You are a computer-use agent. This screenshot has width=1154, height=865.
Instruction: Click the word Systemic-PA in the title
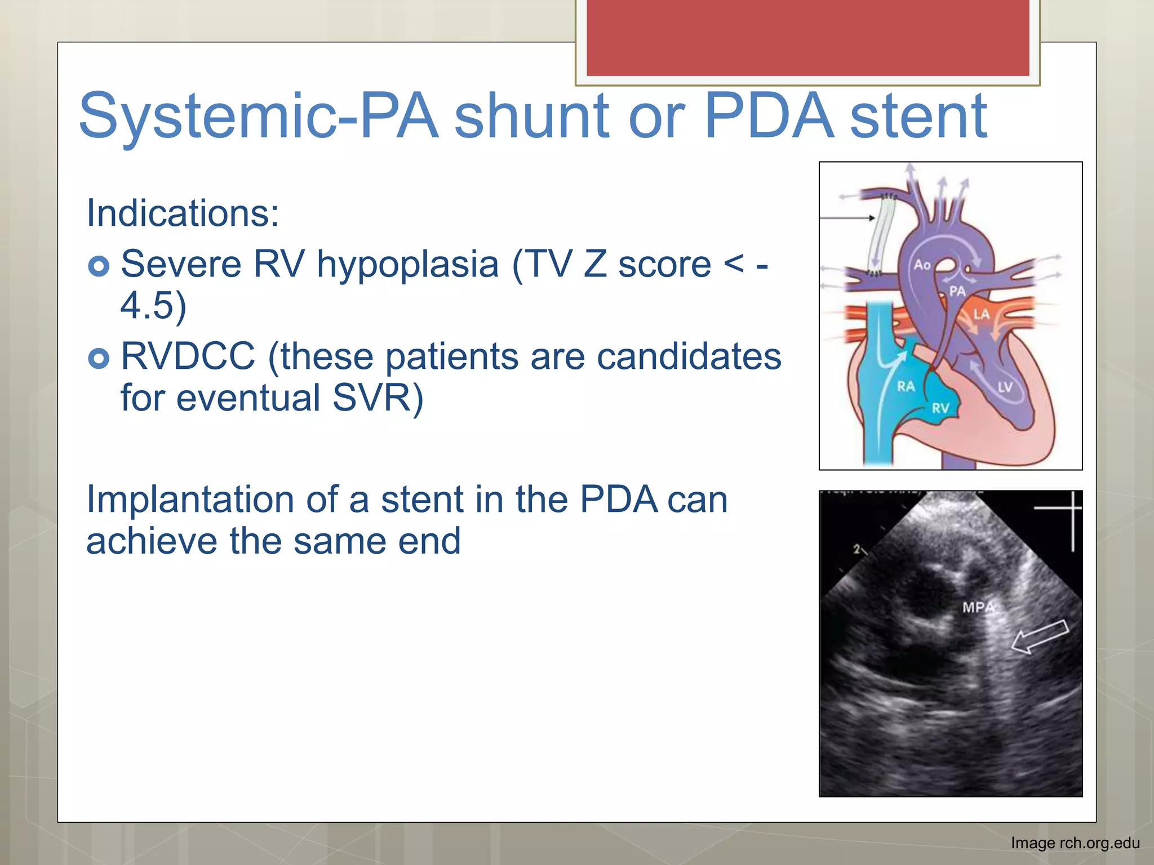[x=258, y=117]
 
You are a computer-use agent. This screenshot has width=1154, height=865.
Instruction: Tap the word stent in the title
[x=918, y=117]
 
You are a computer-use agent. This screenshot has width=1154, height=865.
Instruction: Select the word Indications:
[x=183, y=213]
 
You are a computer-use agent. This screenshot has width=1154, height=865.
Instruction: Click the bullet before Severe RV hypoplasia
[x=99, y=266]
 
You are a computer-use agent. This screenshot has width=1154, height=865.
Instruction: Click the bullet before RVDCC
[x=99, y=358]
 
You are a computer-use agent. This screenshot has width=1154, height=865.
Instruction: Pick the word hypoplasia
[x=407, y=264]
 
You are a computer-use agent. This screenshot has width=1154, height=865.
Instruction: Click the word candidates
[x=689, y=357]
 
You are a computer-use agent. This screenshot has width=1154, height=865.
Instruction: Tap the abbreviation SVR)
[x=378, y=399]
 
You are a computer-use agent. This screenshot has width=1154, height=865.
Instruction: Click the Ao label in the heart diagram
[x=922, y=265]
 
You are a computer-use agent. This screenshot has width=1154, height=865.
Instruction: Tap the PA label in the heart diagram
[x=957, y=291]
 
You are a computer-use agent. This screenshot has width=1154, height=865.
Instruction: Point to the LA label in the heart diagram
[x=981, y=314]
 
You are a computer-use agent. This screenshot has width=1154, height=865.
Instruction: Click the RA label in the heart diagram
[x=906, y=386]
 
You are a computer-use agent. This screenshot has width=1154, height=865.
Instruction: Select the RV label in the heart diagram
[x=940, y=408]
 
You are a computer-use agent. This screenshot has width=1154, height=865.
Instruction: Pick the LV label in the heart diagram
[x=1005, y=387]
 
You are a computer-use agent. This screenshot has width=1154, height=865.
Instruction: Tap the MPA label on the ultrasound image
[x=978, y=608]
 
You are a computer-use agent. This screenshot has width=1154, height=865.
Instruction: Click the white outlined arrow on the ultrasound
[x=1040, y=636]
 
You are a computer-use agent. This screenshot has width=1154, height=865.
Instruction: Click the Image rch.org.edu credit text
[x=1075, y=843]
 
